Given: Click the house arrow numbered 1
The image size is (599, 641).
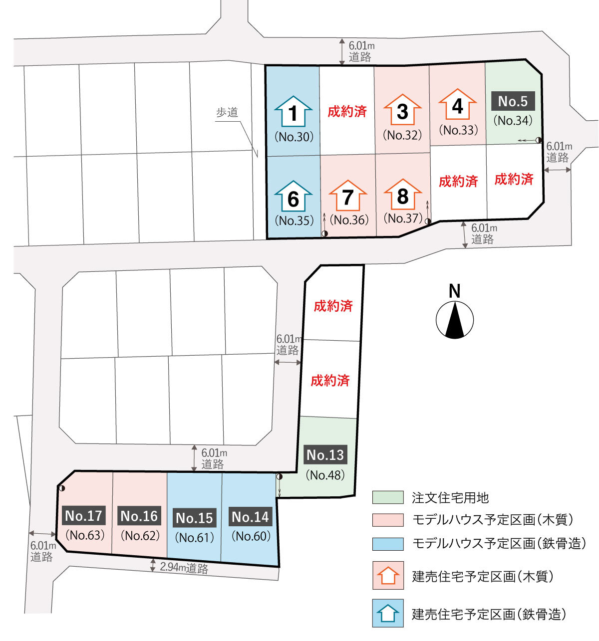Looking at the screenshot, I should click(294, 112).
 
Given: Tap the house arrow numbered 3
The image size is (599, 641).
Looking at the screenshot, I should click(402, 110).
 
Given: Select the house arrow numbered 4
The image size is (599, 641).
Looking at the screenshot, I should click(458, 105).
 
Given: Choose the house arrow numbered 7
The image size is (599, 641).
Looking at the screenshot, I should click(348, 196).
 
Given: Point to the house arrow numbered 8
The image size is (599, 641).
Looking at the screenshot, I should click(402, 195).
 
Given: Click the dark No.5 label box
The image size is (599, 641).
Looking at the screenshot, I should click(513, 101).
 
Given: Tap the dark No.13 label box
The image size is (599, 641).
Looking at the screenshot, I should click(325, 455).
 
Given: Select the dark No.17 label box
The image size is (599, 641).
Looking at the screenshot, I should click(84, 515).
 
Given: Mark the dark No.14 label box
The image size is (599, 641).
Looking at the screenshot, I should click(251, 517).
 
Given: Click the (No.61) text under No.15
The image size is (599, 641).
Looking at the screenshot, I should click(195, 538).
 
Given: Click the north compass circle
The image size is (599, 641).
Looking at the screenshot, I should click(455, 320).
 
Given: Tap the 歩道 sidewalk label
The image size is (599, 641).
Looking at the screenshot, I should click(227, 112).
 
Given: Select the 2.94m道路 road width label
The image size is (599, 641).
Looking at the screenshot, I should click(184, 568).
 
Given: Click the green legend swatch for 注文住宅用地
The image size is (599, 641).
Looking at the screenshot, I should click(388, 497).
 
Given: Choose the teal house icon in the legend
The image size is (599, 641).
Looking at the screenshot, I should click(388, 614).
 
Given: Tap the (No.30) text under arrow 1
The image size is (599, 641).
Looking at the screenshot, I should click(295, 137).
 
